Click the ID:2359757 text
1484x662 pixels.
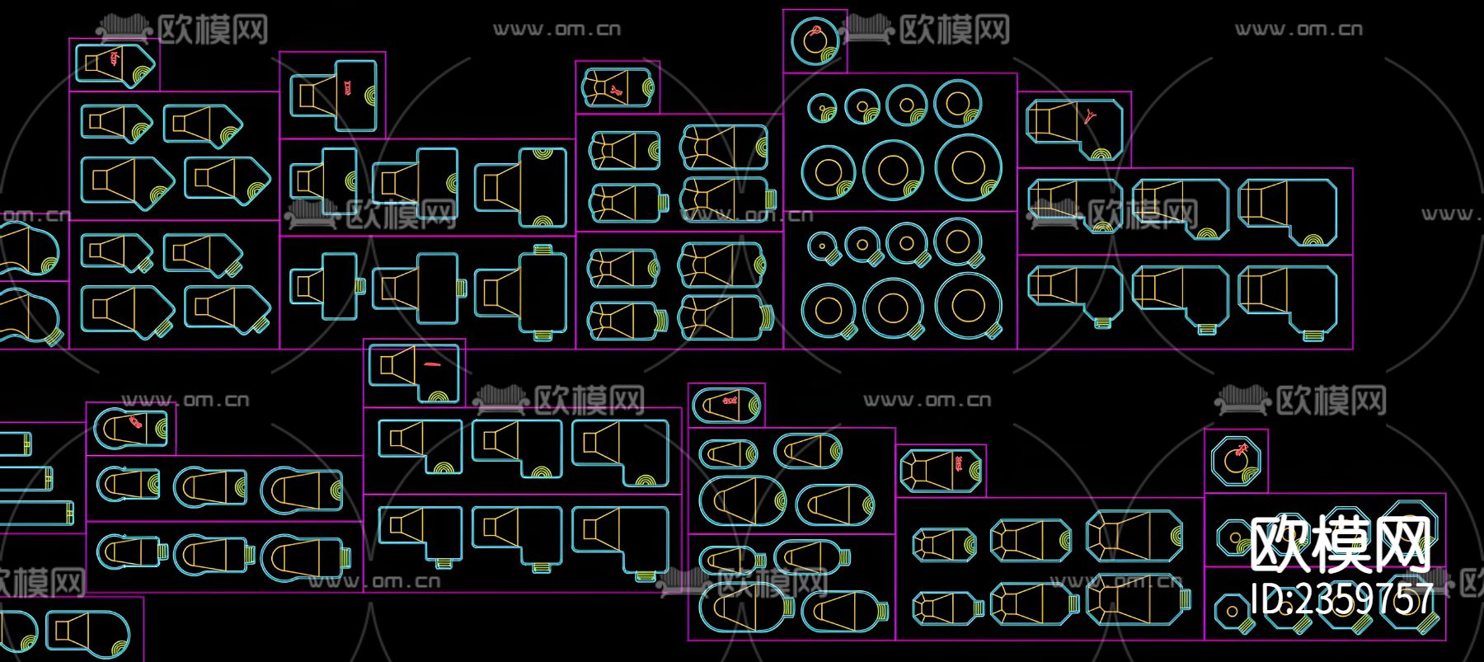1342,598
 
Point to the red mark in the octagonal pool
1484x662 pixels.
1242,450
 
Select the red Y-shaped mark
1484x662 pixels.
1091,115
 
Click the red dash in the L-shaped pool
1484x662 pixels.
431,364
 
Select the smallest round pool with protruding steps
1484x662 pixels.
822,244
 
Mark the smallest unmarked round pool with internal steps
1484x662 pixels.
822,106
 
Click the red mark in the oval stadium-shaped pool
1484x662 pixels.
729,401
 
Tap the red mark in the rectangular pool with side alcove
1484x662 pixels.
347,86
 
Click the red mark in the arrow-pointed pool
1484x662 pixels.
114,57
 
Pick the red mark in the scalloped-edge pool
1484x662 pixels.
614,91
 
